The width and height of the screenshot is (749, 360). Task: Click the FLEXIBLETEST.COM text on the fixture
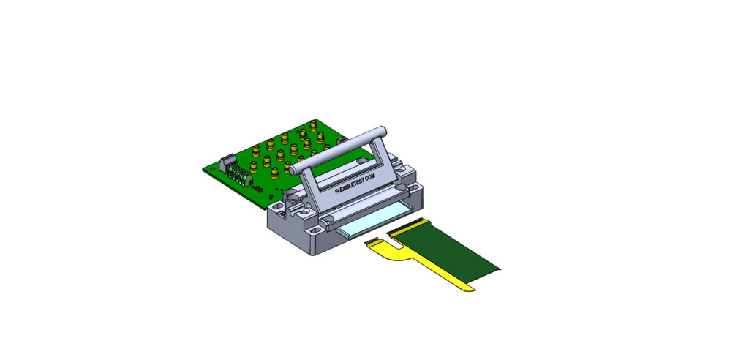(x=355, y=184)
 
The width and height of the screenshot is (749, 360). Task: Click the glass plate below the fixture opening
(x=374, y=221)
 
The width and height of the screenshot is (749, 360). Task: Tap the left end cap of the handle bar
(x=295, y=168)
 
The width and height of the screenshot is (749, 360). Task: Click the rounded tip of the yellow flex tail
(x=469, y=289)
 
